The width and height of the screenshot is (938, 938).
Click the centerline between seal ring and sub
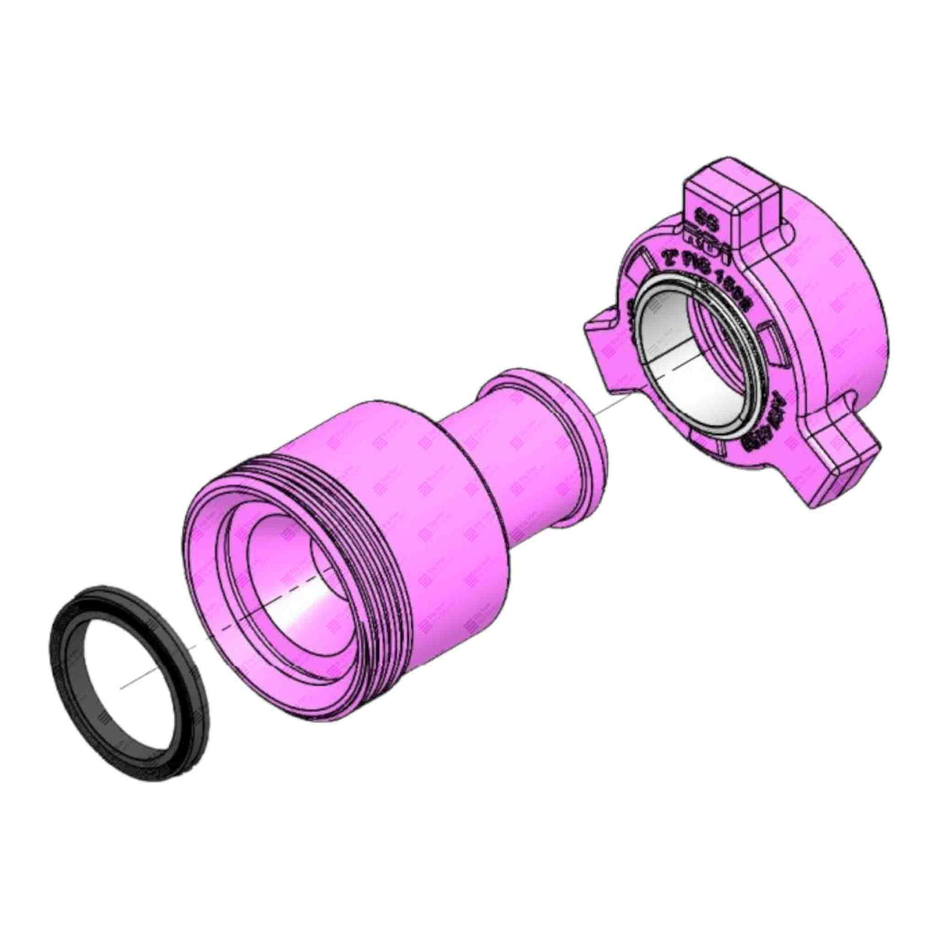click(x=188, y=649)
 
